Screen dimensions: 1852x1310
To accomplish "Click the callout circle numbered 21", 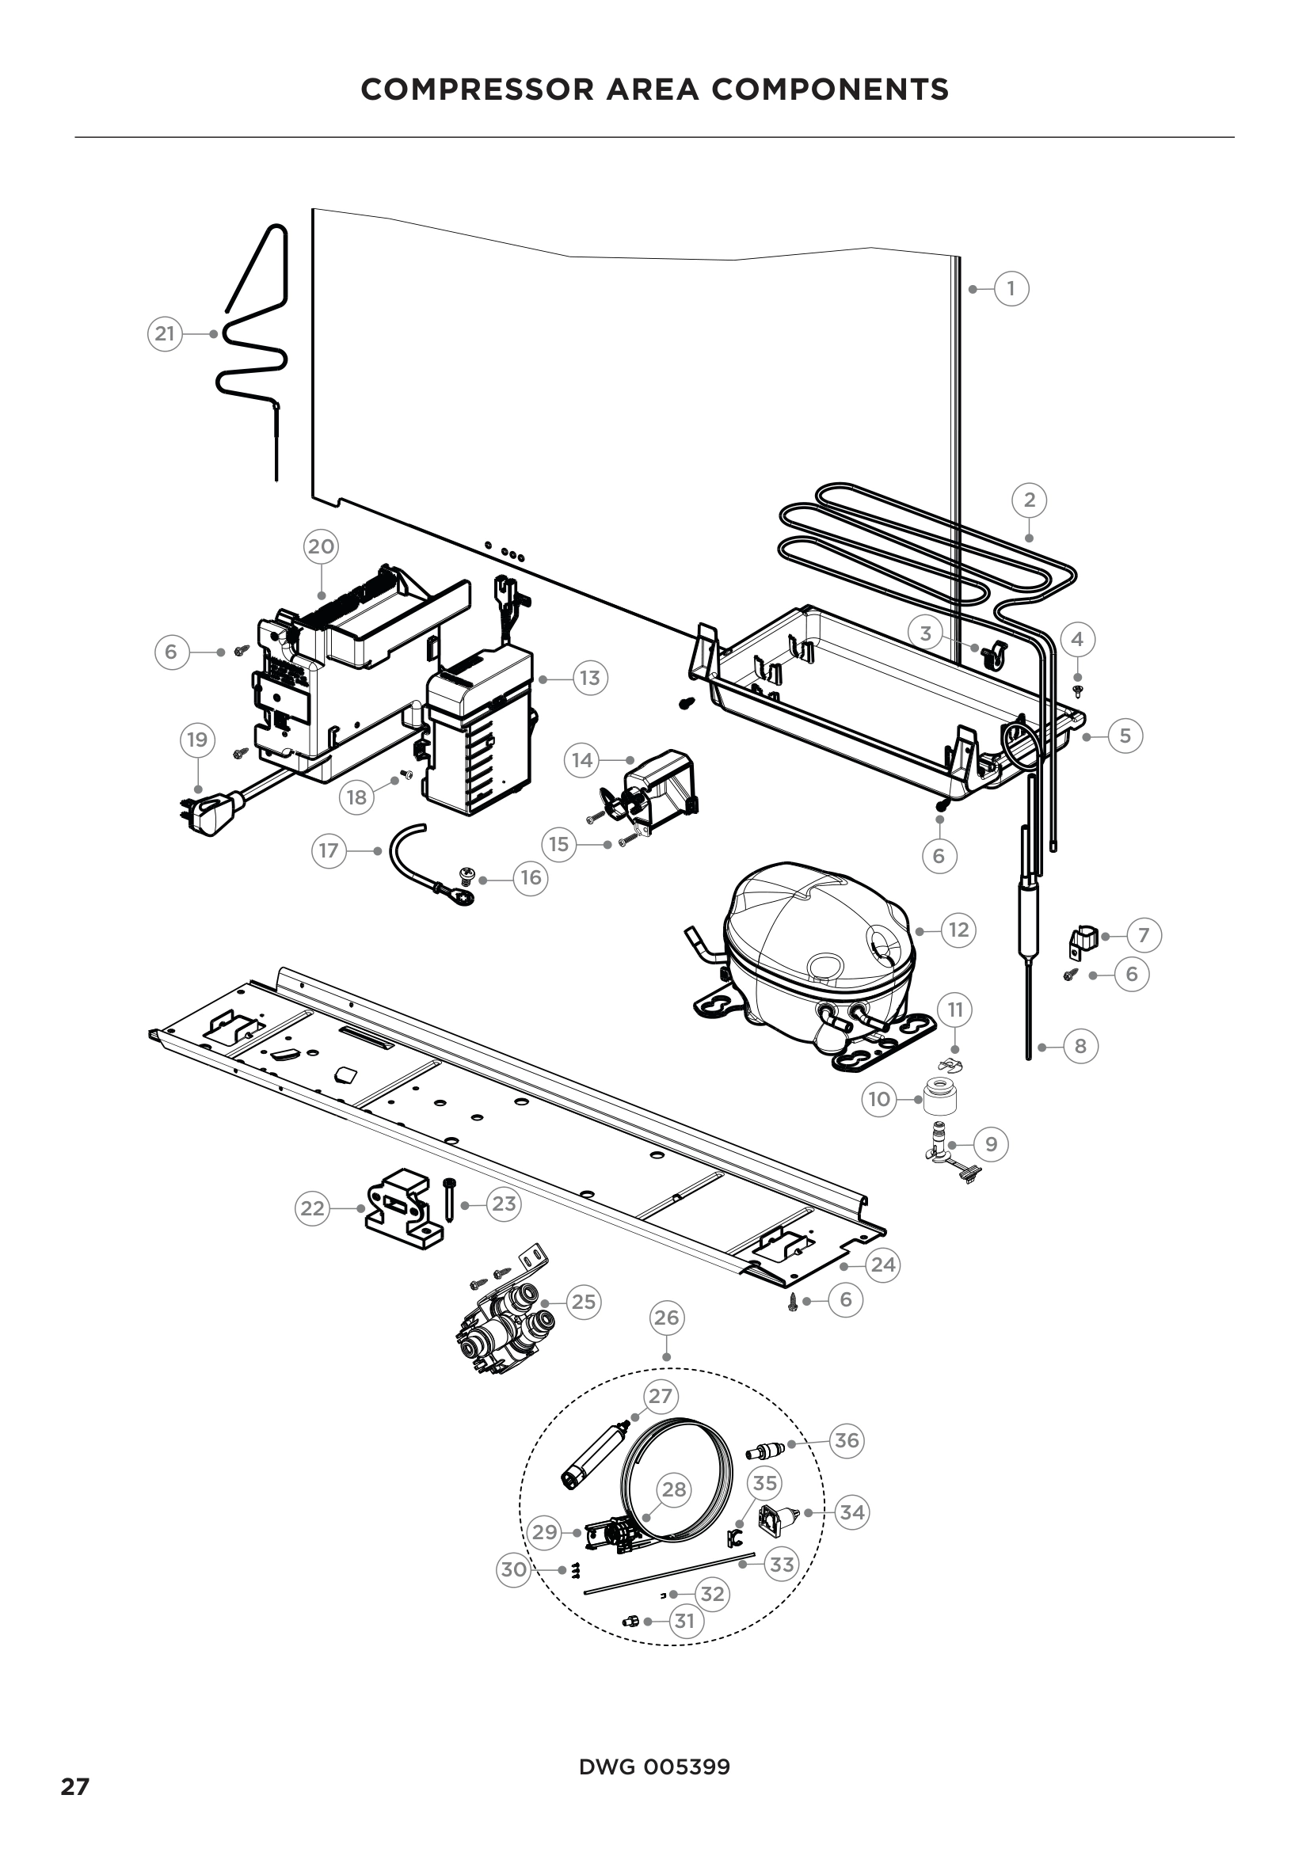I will point(165,334).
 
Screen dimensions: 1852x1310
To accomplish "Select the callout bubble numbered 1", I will point(1011,289).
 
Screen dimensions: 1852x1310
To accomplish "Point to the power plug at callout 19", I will point(211,811).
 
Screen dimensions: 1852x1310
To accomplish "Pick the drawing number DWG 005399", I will point(654,1767).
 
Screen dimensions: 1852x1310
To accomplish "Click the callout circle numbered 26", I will point(666,1318).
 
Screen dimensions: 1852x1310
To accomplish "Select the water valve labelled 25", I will point(505,1335).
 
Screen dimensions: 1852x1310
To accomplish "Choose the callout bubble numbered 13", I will point(590,679).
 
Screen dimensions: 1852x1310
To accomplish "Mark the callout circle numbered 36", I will point(846,1439).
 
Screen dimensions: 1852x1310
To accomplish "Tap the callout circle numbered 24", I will point(883,1264).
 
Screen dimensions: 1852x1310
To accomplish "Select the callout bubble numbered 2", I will point(1030,500).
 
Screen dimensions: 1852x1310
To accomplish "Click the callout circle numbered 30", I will point(514,1569).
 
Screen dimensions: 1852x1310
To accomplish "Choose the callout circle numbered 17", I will point(329,851).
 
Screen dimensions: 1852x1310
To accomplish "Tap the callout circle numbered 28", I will point(674,1489).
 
